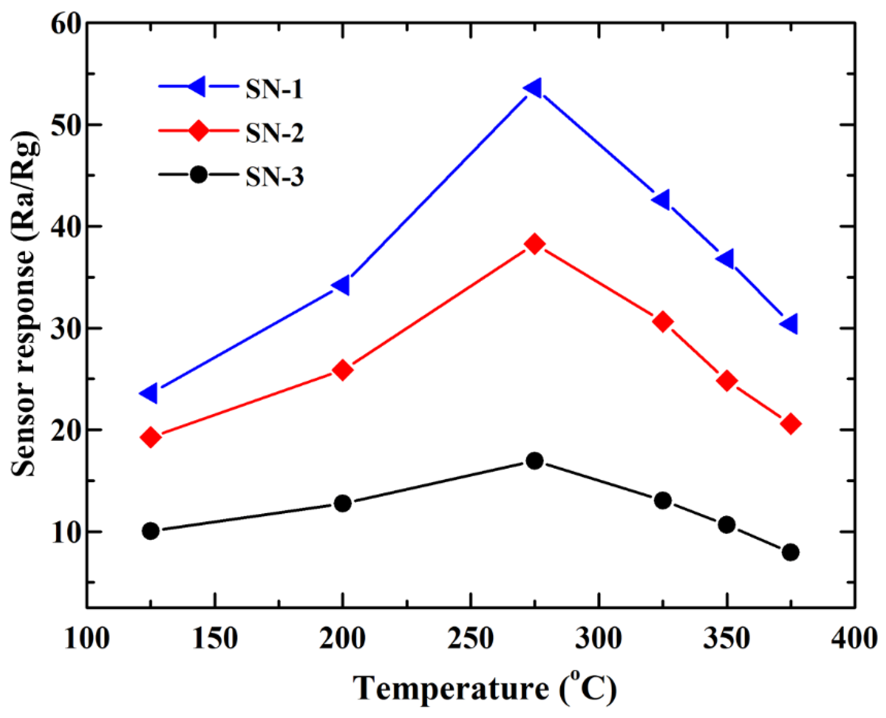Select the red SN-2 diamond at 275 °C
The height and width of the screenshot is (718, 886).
point(535,244)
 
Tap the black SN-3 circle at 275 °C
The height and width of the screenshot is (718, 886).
point(535,461)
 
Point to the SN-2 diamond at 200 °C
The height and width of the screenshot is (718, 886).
point(342,370)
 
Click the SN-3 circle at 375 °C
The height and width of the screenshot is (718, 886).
point(790,552)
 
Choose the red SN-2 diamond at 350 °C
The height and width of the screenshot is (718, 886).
point(727,380)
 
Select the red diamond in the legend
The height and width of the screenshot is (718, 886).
point(199,131)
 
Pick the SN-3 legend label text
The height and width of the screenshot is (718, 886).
point(274,177)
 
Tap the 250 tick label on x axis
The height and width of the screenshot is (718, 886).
point(471,639)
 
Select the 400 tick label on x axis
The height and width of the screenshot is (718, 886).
point(854,639)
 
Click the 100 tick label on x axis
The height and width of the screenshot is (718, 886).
point(87,639)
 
